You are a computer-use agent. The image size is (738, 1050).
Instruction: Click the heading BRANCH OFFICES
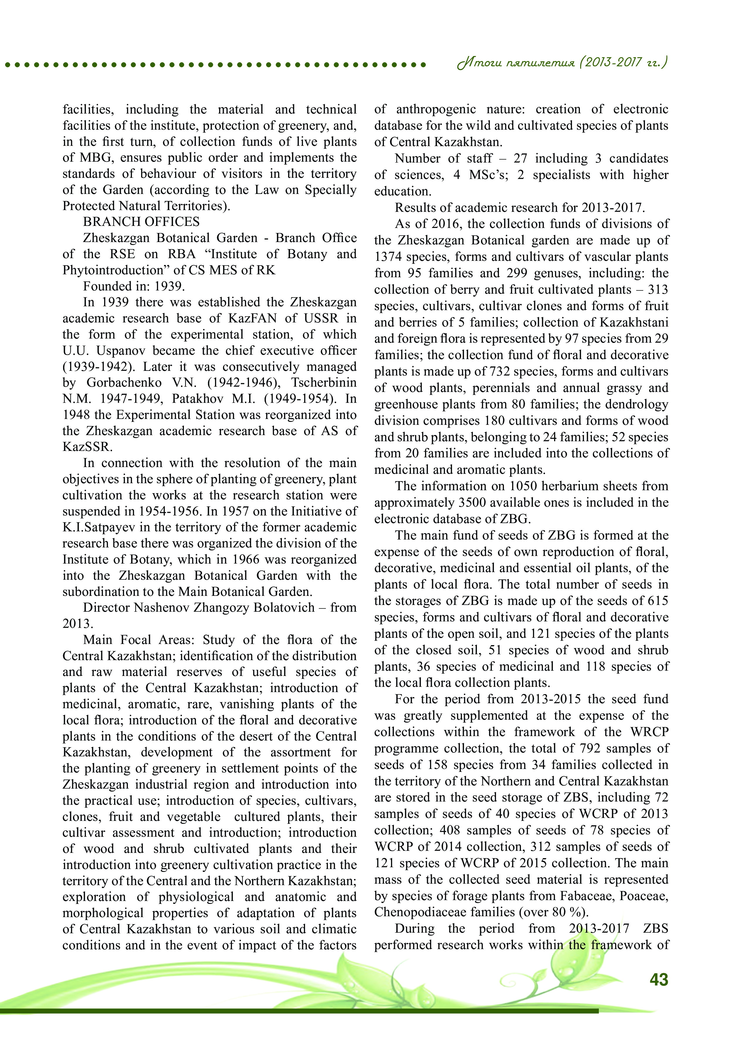coord(141,222)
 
